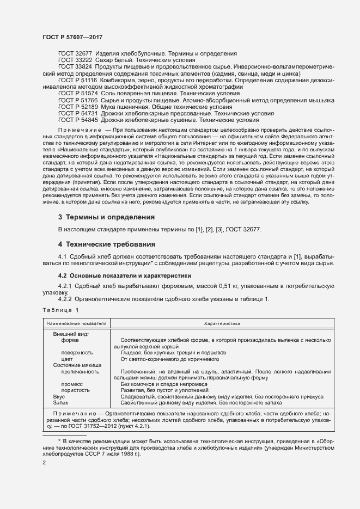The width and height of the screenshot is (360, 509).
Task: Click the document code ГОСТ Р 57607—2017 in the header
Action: [x=72, y=37]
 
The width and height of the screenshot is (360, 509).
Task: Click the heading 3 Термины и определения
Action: [x=106, y=217]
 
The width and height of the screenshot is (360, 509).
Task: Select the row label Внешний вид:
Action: [x=71, y=334]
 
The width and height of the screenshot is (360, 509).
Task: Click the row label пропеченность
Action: [x=81, y=371]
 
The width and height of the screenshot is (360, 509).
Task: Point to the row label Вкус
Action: [x=59, y=397]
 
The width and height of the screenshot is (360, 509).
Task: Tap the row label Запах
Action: [x=60, y=403]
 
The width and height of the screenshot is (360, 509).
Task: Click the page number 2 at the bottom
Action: [x=44, y=462]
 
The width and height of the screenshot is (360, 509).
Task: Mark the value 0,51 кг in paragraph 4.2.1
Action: [x=199, y=286]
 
